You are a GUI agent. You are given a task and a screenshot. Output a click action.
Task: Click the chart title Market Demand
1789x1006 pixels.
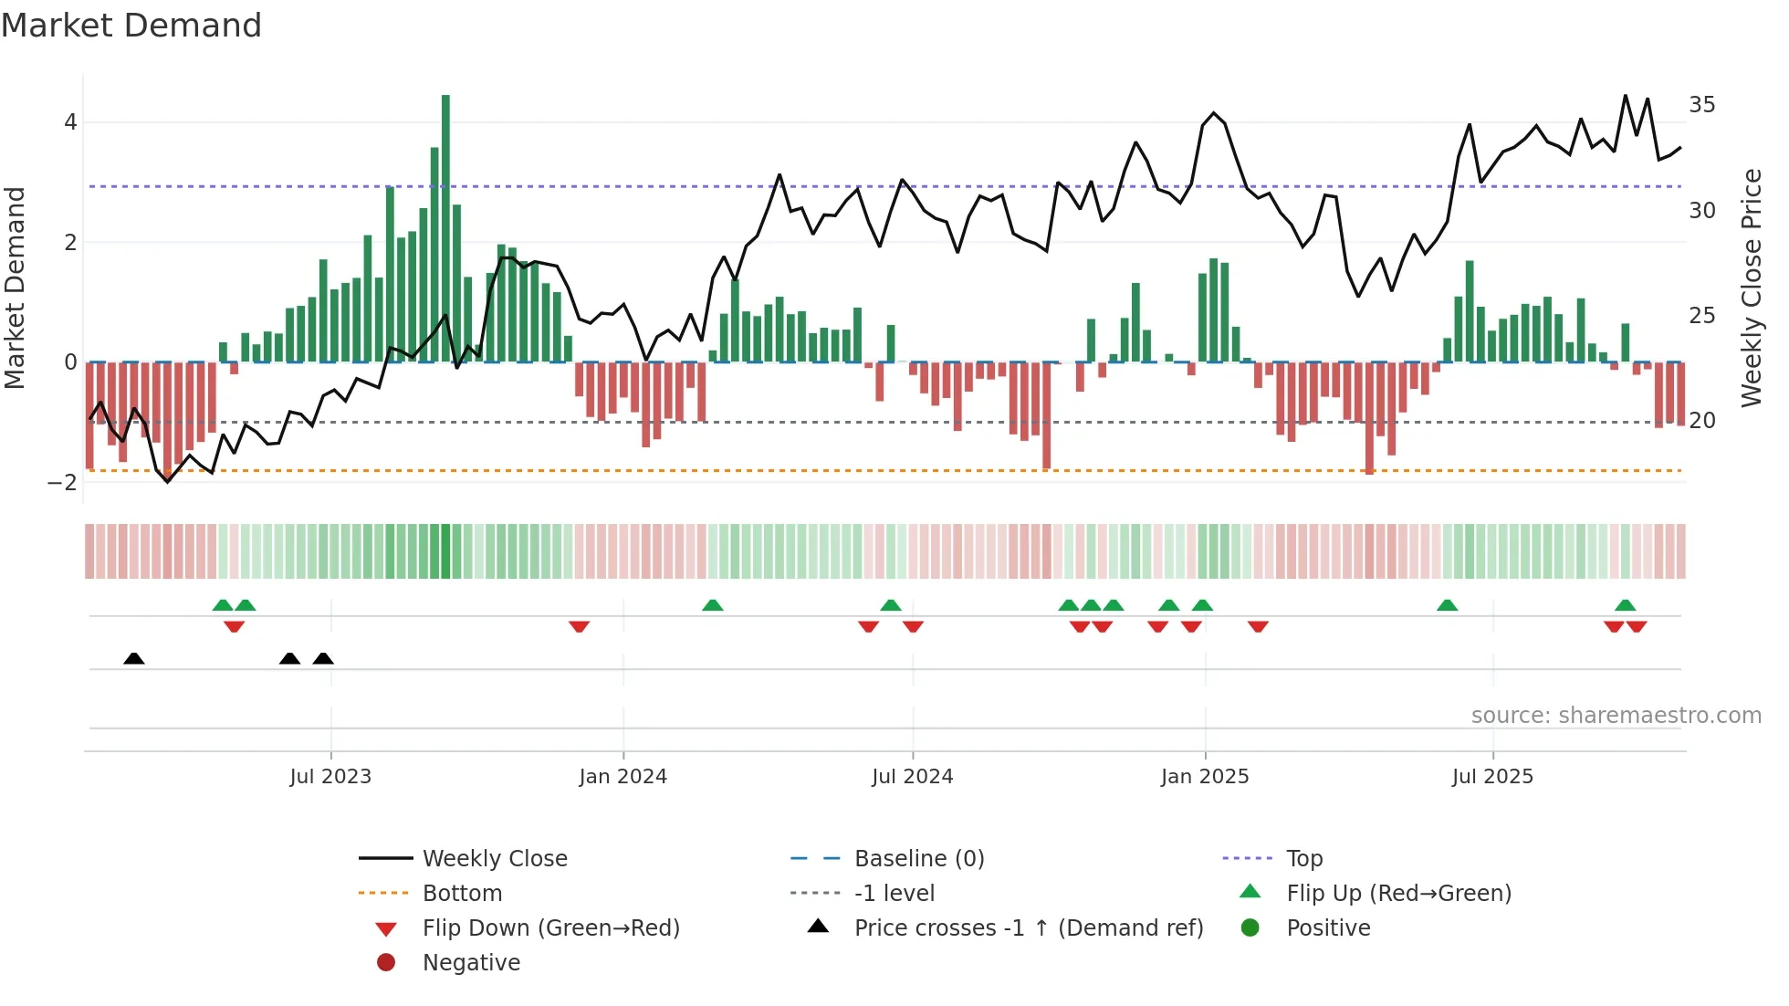131,26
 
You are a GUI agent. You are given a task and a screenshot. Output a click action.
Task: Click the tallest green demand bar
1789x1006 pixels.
445,228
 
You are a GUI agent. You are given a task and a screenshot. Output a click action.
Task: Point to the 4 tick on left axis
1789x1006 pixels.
70,122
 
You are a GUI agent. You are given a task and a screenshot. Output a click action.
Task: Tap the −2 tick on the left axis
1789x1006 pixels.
63,483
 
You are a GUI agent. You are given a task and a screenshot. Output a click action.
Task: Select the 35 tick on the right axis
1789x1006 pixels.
1701,105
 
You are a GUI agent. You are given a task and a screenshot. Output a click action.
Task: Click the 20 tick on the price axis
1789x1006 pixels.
1701,421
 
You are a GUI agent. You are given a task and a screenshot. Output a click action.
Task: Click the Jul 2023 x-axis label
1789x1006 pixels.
330,777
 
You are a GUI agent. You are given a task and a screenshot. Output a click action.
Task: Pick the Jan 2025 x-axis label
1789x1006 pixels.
1204,777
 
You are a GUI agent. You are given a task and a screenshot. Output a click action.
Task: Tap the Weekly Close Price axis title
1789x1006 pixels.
1751,288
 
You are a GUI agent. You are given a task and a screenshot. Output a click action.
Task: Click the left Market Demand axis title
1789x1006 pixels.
15,288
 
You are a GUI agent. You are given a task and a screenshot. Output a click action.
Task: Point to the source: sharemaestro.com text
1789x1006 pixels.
1616,716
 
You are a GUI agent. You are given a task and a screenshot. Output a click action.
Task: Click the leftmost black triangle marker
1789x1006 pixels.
134,658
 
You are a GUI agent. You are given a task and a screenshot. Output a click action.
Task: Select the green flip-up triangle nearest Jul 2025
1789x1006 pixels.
1447,605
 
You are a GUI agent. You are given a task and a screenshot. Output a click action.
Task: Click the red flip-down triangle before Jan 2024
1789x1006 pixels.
579,626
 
